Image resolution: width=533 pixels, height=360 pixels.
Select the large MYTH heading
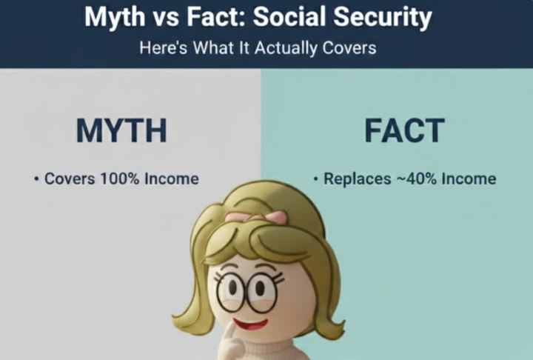pyautogui.click(x=121, y=130)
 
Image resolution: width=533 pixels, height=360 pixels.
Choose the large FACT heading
pyautogui.click(x=403, y=130)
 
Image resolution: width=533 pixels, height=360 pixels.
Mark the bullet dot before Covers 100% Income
pyautogui.click(x=36, y=179)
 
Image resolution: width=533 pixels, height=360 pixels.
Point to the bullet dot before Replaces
pyautogui.click(x=315, y=179)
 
